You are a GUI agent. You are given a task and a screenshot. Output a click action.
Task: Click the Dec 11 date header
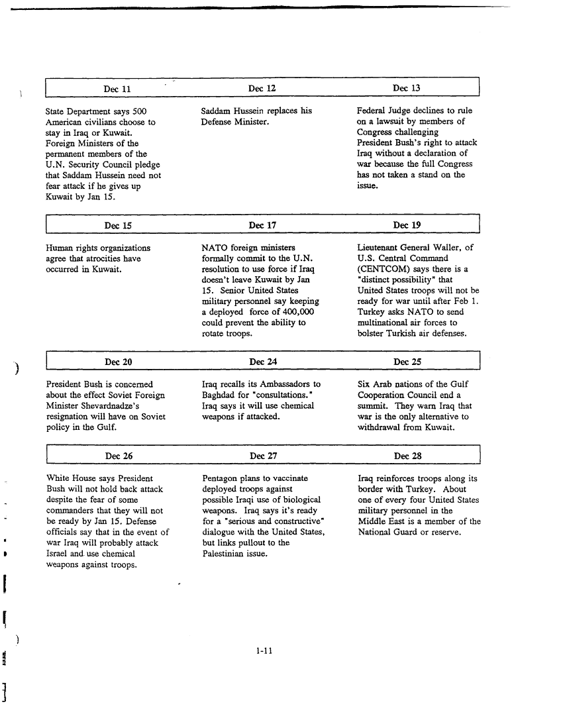pyautogui.click(x=117, y=89)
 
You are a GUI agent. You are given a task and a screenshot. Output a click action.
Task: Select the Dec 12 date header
pyautogui.click(x=262, y=88)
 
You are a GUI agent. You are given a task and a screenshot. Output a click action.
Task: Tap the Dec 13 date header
pyautogui.click(x=406, y=88)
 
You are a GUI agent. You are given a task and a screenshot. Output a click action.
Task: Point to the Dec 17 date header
pyautogui.click(x=262, y=225)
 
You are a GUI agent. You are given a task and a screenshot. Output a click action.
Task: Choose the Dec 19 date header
pyautogui.click(x=407, y=225)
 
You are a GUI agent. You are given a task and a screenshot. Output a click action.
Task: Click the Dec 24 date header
pyautogui.click(x=262, y=362)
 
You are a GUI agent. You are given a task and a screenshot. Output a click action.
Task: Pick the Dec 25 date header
pyautogui.click(x=407, y=362)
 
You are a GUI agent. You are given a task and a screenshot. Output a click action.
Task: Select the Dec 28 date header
pyautogui.click(x=407, y=456)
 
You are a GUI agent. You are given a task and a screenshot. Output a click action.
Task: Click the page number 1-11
pyautogui.click(x=264, y=650)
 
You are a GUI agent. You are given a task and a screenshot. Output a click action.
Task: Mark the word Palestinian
pyautogui.click(x=226, y=553)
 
